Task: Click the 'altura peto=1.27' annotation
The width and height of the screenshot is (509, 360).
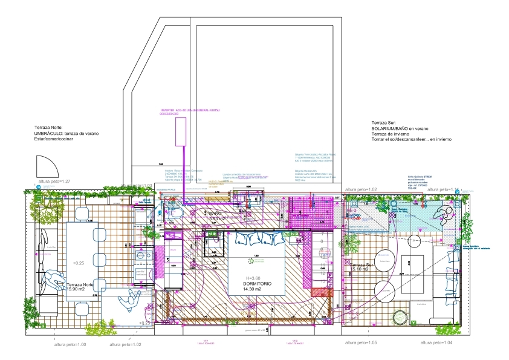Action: click(55, 182)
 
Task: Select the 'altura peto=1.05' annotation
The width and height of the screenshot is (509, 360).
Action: click(361, 343)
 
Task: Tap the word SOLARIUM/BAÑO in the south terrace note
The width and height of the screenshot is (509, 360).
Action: click(392, 129)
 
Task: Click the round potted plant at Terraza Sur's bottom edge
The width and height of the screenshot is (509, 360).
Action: click(399, 317)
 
